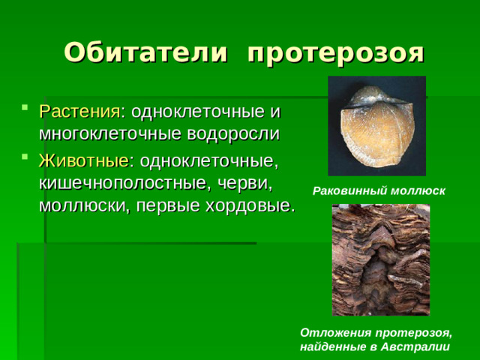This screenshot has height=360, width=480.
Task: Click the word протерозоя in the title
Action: [335, 52]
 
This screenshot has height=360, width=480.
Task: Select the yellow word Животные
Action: [83, 162]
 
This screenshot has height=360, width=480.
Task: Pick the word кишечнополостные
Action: [123, 184]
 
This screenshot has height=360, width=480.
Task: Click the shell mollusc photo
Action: [376, 126]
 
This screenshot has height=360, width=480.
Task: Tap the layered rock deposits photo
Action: [381, 259]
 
